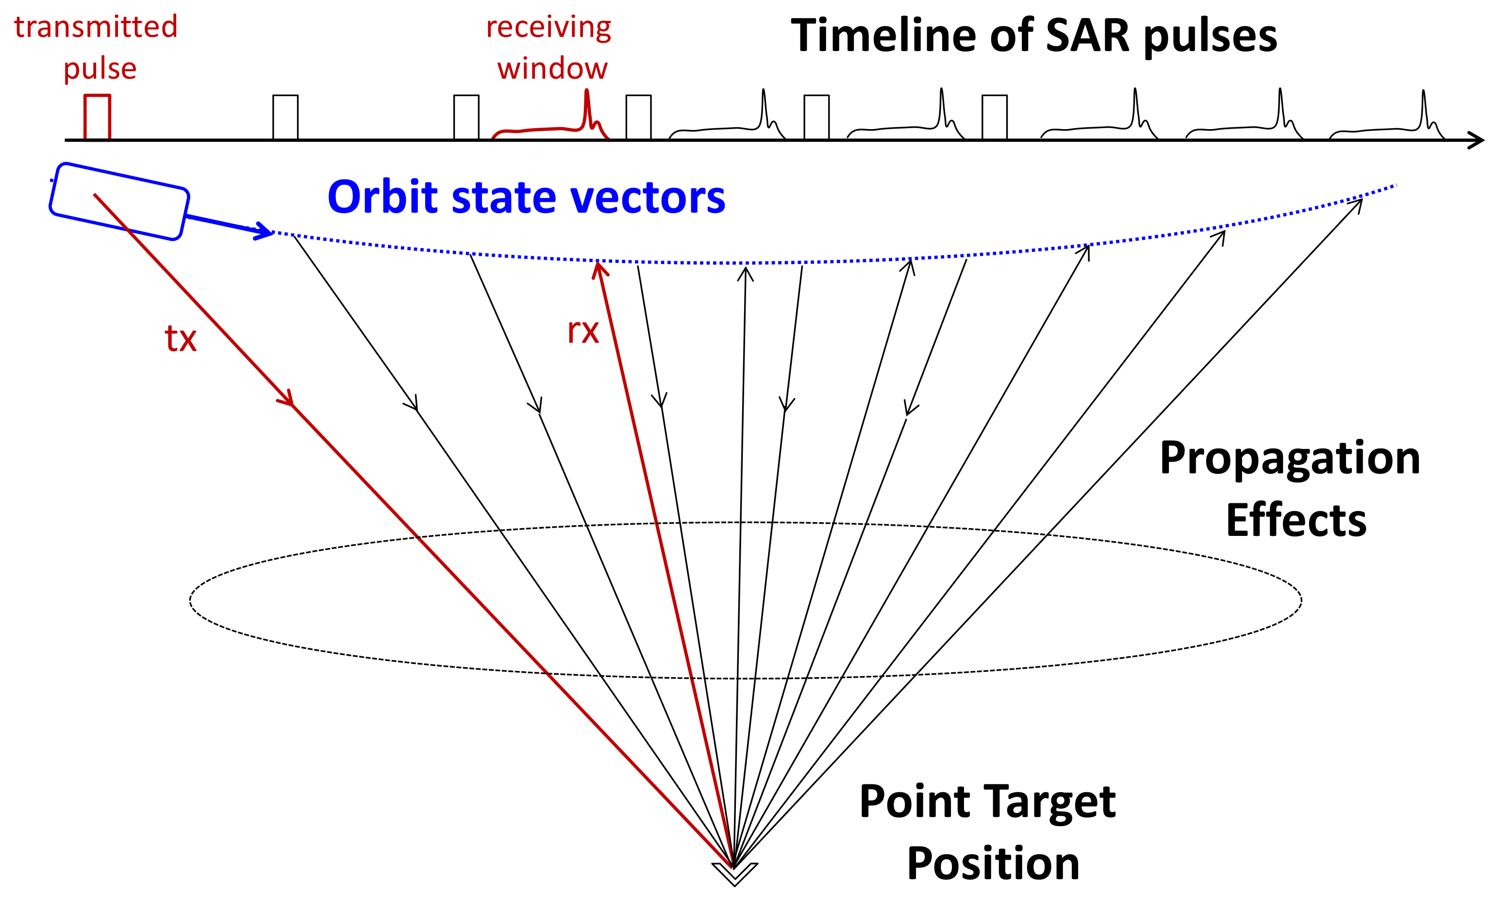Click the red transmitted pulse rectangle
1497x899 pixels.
(97, 117)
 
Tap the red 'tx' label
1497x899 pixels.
(181, 339)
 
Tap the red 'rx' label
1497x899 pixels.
(582, 332)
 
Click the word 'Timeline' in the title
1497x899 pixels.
(883, 36)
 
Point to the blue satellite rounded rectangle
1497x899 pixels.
(119, 201)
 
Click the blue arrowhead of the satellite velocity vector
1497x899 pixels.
(265, 230)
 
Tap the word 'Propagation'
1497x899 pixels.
(1289, 459)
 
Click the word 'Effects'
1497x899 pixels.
(1296, 520)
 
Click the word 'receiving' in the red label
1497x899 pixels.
(548, 27)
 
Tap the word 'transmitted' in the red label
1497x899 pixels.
(96, 27)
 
